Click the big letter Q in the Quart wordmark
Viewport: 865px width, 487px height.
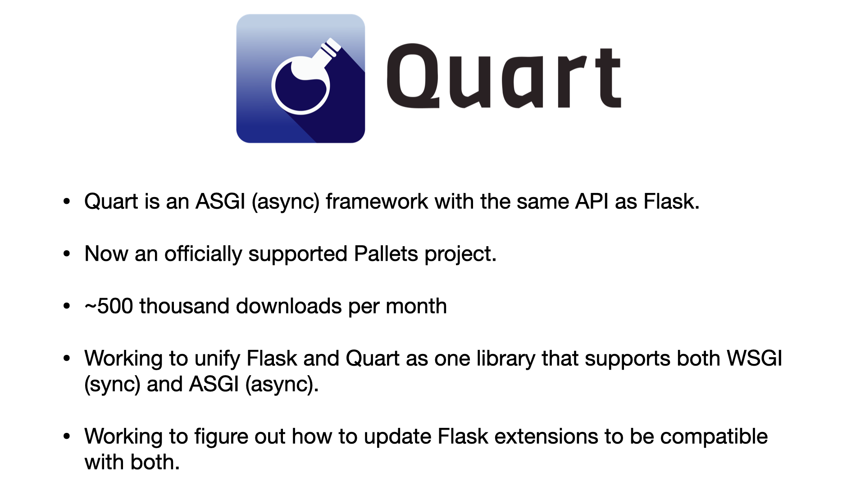pos(413,76)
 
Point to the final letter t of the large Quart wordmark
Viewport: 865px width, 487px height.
pos(608,78)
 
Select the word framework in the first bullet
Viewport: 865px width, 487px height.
pos(377,201)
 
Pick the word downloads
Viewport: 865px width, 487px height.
pos(289,306)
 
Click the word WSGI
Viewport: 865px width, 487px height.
pos(755,358)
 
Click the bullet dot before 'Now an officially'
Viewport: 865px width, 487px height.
pos(67,254)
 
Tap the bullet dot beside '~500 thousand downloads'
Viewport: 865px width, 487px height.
pos(67,306)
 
